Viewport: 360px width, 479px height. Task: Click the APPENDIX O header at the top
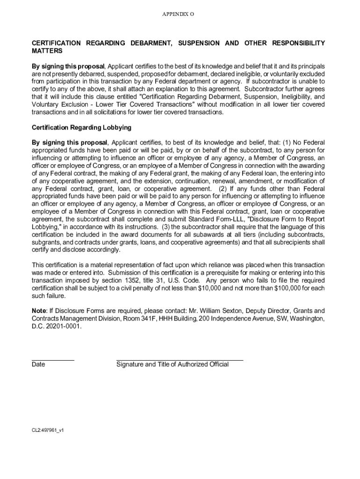[178, 15]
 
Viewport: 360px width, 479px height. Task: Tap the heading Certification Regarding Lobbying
[81, 127]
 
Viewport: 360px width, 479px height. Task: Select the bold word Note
[39, 311]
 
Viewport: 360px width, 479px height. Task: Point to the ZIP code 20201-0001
[63, 326]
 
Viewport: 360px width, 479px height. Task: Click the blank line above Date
[52, 360]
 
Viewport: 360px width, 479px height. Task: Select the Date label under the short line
[38, 364]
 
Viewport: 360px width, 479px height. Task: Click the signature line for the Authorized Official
[180, 360]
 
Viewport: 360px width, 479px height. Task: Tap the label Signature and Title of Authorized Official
[173, 364]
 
